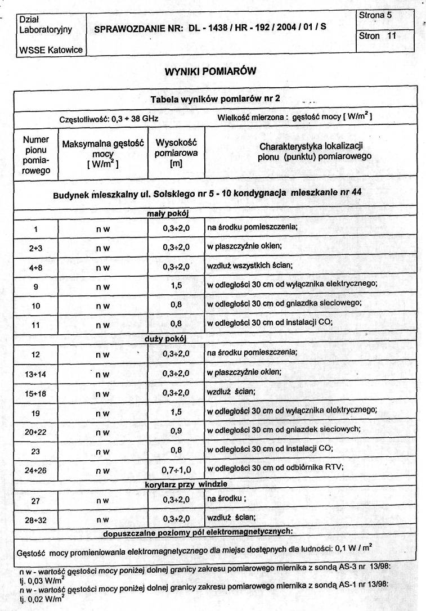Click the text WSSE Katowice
tap(50, 50)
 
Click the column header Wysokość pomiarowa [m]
tap(176, 152)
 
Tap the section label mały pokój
tap(167, 214)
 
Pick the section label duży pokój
tap(166, 339)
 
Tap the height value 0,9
tap(176, 430)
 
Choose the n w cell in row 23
tap(102, 451)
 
